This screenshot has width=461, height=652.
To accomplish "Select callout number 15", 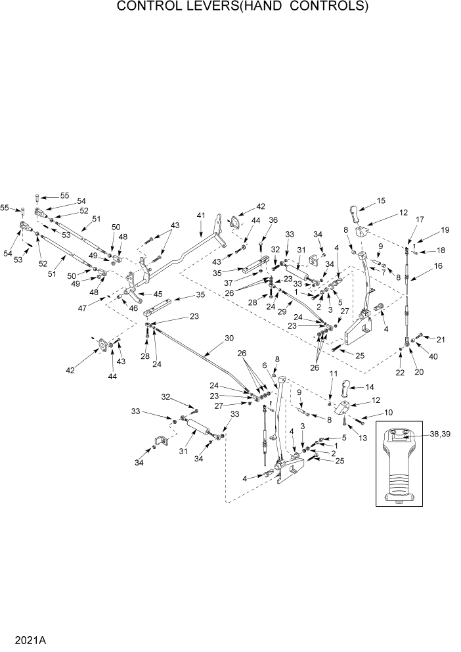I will click(x=381, y=200).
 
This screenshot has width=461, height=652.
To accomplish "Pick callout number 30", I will click(x=229, y=338).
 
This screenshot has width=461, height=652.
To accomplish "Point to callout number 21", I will click(x=441, y=339).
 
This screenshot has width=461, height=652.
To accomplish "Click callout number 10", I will click(x=388, y=413).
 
